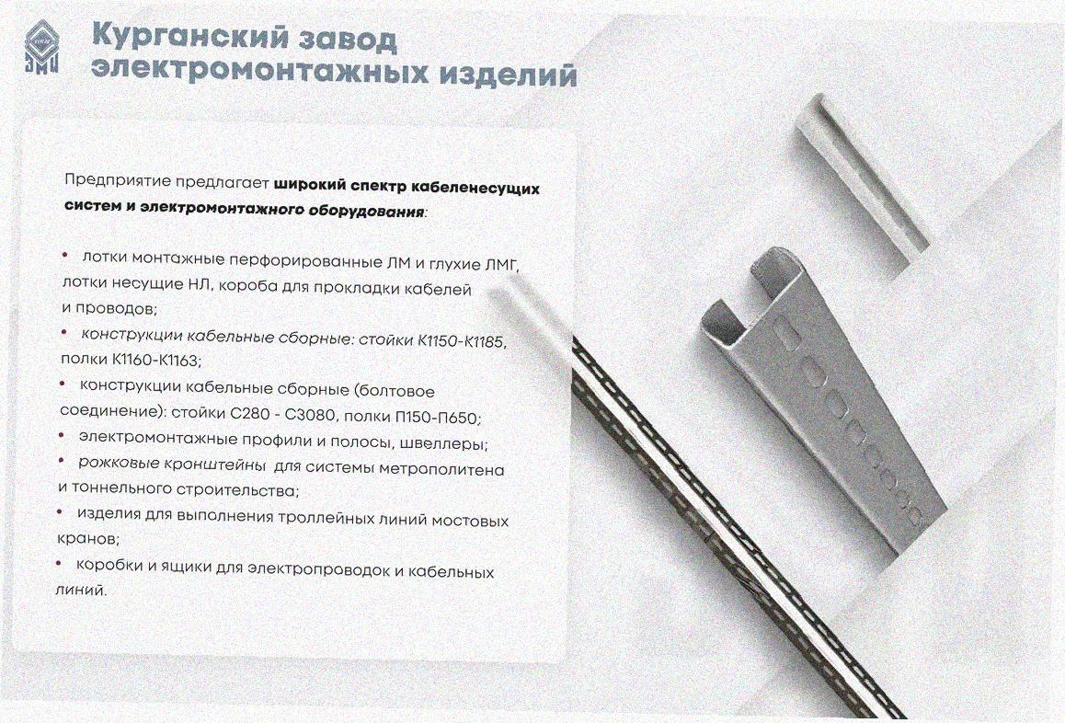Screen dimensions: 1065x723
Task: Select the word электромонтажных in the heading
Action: [x=259, y=72]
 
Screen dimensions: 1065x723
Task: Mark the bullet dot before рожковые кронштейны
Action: [x=62, y=462]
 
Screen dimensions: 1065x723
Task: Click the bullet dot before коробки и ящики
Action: [x=59, y=563]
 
